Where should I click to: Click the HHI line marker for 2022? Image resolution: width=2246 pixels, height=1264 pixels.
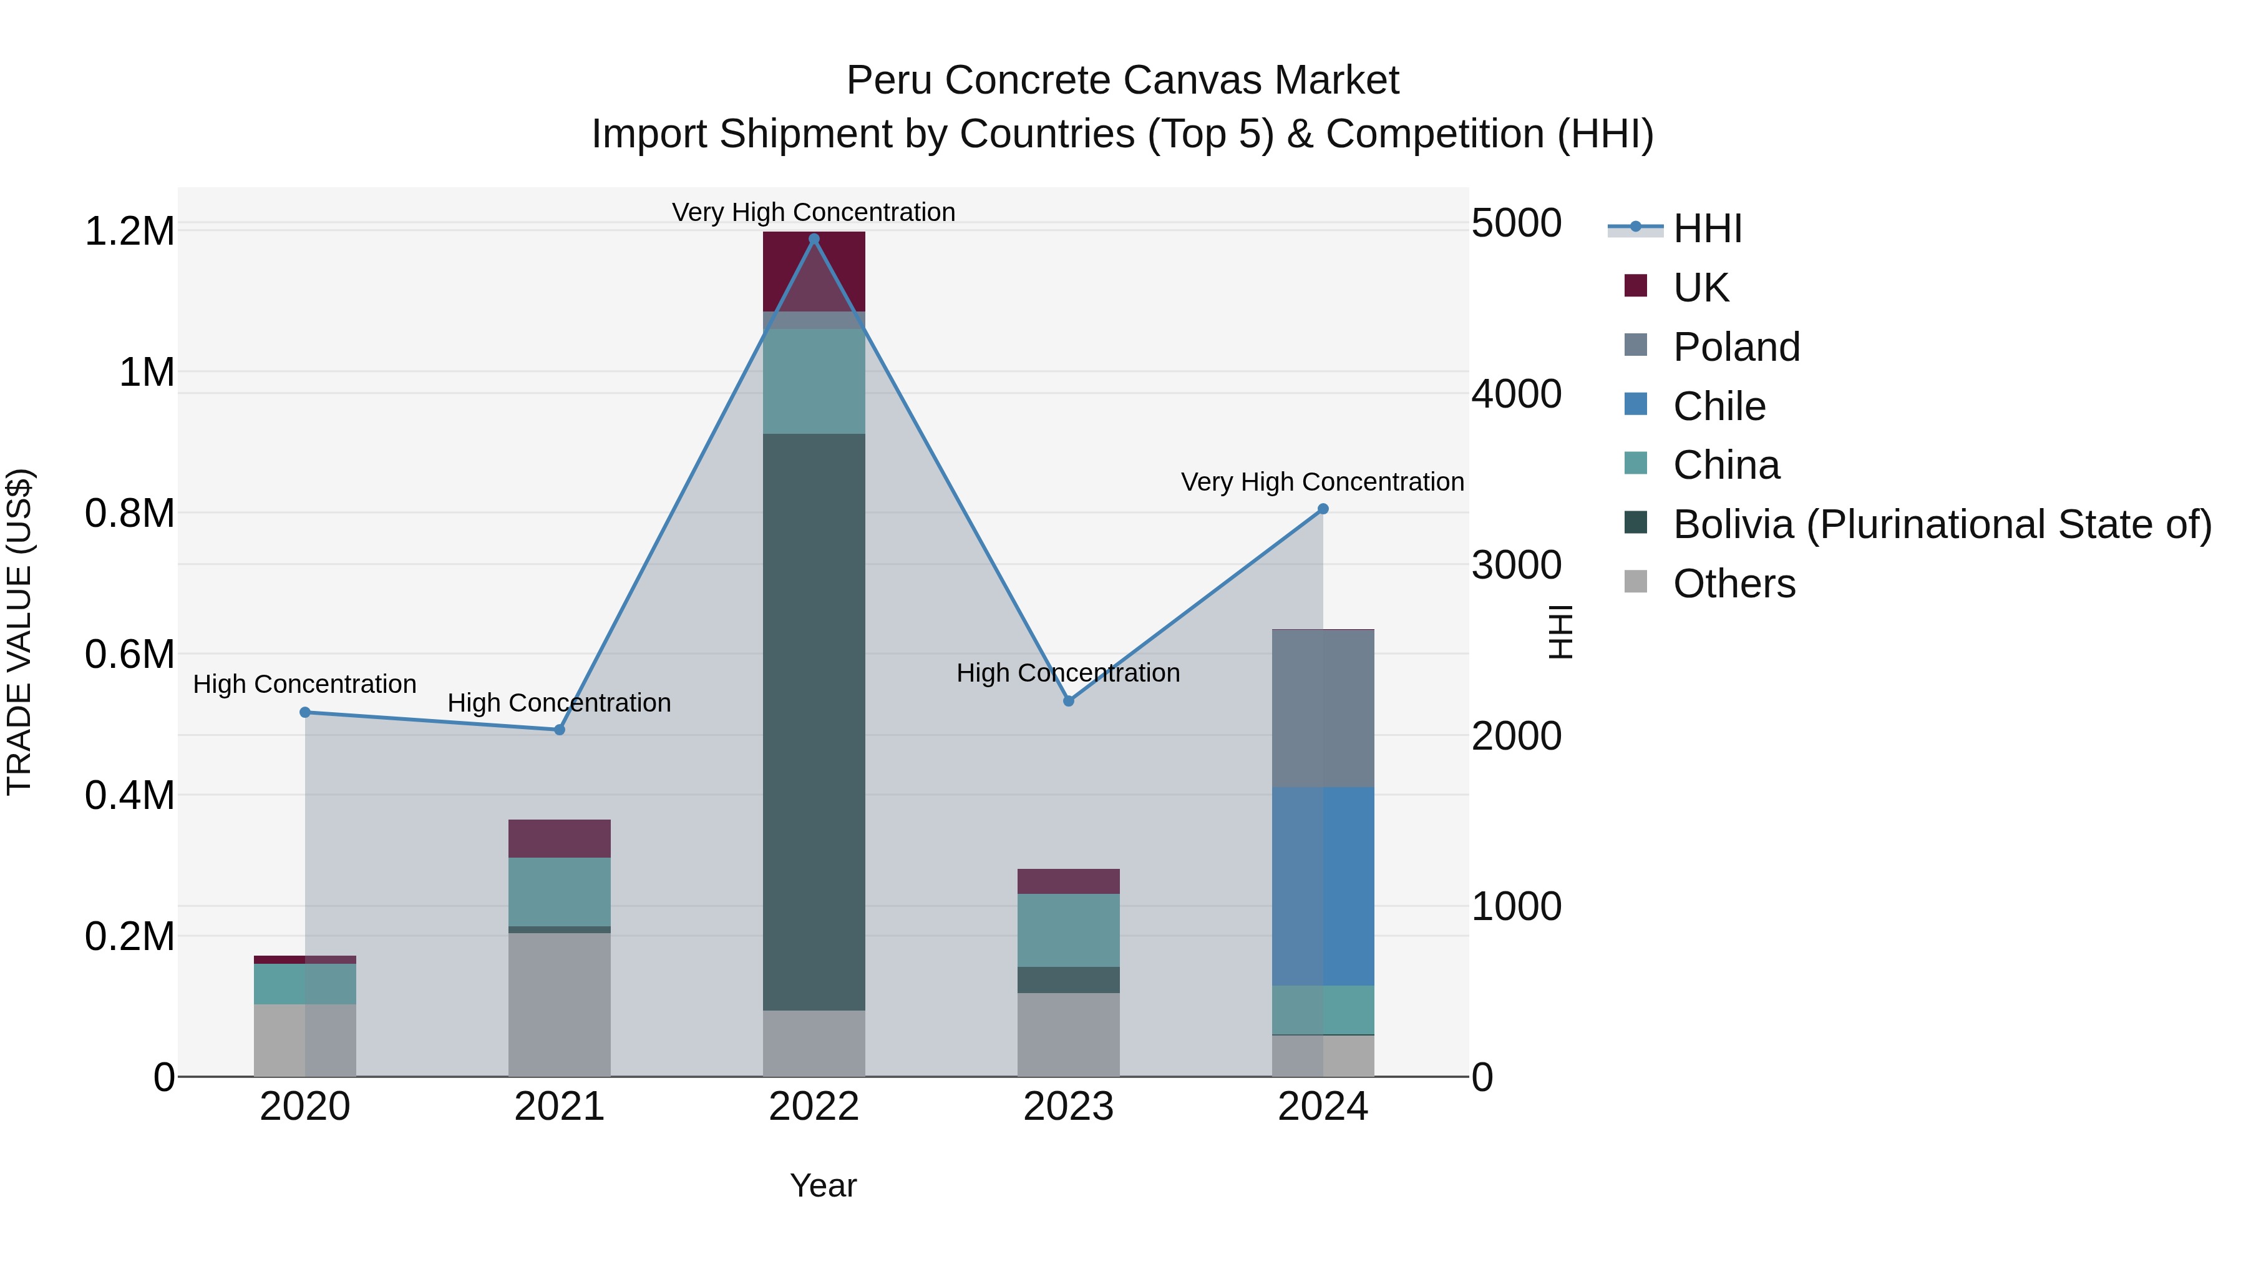[814, 239]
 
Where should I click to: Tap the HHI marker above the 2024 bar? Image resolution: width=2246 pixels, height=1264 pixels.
[1323, 509]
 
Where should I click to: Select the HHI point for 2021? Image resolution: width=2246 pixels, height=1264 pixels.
[560, 729]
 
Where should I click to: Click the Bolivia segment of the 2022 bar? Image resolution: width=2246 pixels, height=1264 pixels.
[814, 722]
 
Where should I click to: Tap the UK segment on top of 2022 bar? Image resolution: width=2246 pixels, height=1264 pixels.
[814, 270]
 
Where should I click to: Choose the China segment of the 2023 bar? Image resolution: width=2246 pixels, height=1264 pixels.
[1068, 930]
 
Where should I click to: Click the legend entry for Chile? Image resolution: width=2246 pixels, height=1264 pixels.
[1719, 406]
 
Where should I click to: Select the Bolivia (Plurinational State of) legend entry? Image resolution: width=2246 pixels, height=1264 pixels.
[1942, 524]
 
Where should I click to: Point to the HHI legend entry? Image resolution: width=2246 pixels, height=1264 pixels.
[1707, 228]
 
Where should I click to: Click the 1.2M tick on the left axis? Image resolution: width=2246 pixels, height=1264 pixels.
[129, 231]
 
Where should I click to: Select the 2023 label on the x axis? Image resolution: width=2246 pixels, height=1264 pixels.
[1068, 1107]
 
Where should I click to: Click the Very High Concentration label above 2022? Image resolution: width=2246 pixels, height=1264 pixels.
[814, 212]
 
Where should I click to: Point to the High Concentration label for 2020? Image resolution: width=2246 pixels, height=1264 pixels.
[304, 684]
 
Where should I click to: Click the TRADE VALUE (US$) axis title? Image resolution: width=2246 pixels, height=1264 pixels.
[19, 632]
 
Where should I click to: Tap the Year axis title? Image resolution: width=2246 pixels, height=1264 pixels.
[823, 1185]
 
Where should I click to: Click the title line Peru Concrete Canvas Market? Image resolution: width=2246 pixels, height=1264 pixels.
[1122, 81]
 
